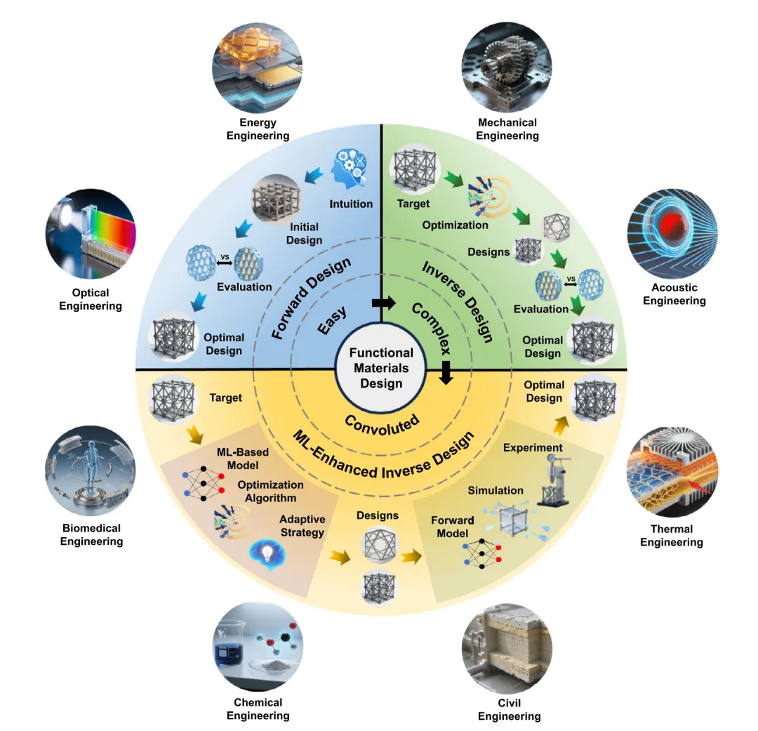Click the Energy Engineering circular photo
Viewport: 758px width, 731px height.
257,67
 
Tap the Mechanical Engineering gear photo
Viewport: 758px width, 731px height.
507,67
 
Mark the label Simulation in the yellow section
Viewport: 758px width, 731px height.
496,490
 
